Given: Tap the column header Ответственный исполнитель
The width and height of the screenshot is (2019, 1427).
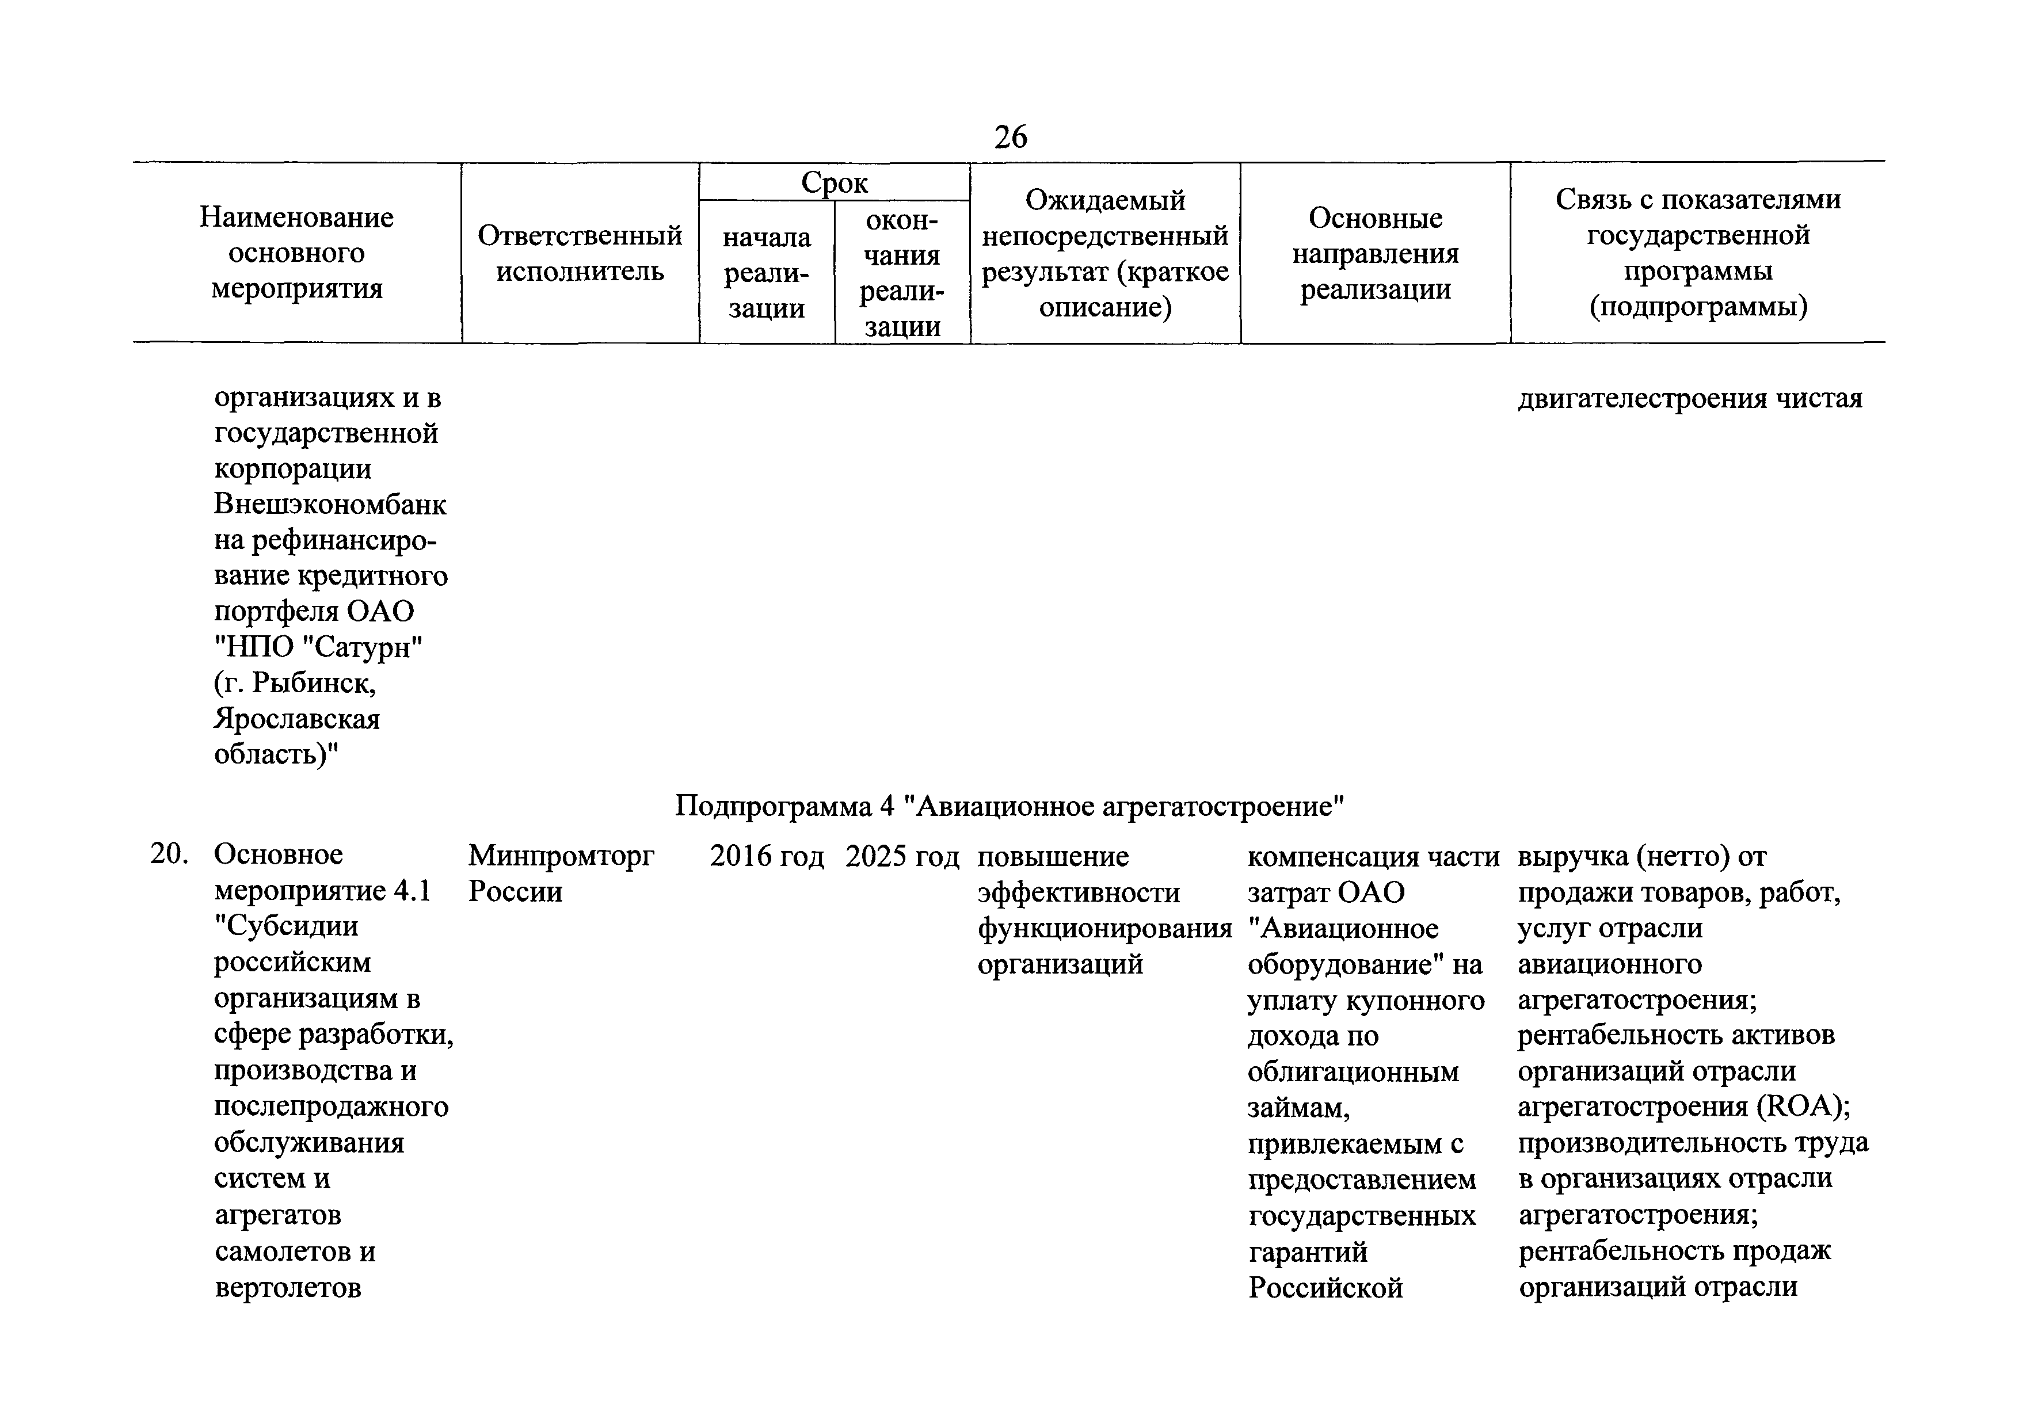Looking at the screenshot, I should [580, 253].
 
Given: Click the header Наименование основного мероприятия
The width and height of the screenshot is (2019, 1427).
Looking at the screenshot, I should [296, 253].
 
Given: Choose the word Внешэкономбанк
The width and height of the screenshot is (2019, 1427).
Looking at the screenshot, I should [330, 505].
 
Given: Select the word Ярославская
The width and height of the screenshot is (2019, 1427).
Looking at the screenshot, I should [296, 718].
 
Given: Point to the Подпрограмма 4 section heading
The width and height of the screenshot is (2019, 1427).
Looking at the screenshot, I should [1009, 806].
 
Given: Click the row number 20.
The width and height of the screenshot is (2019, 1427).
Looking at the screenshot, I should [169, 854].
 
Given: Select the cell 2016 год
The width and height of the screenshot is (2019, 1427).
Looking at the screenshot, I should [767, 856].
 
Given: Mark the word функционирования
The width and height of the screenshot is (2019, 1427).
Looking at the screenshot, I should [1104, 928].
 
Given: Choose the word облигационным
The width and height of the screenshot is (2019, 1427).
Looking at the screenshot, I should [1353, 1072].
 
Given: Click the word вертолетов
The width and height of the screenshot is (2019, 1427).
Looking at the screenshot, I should [288, 1287].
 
